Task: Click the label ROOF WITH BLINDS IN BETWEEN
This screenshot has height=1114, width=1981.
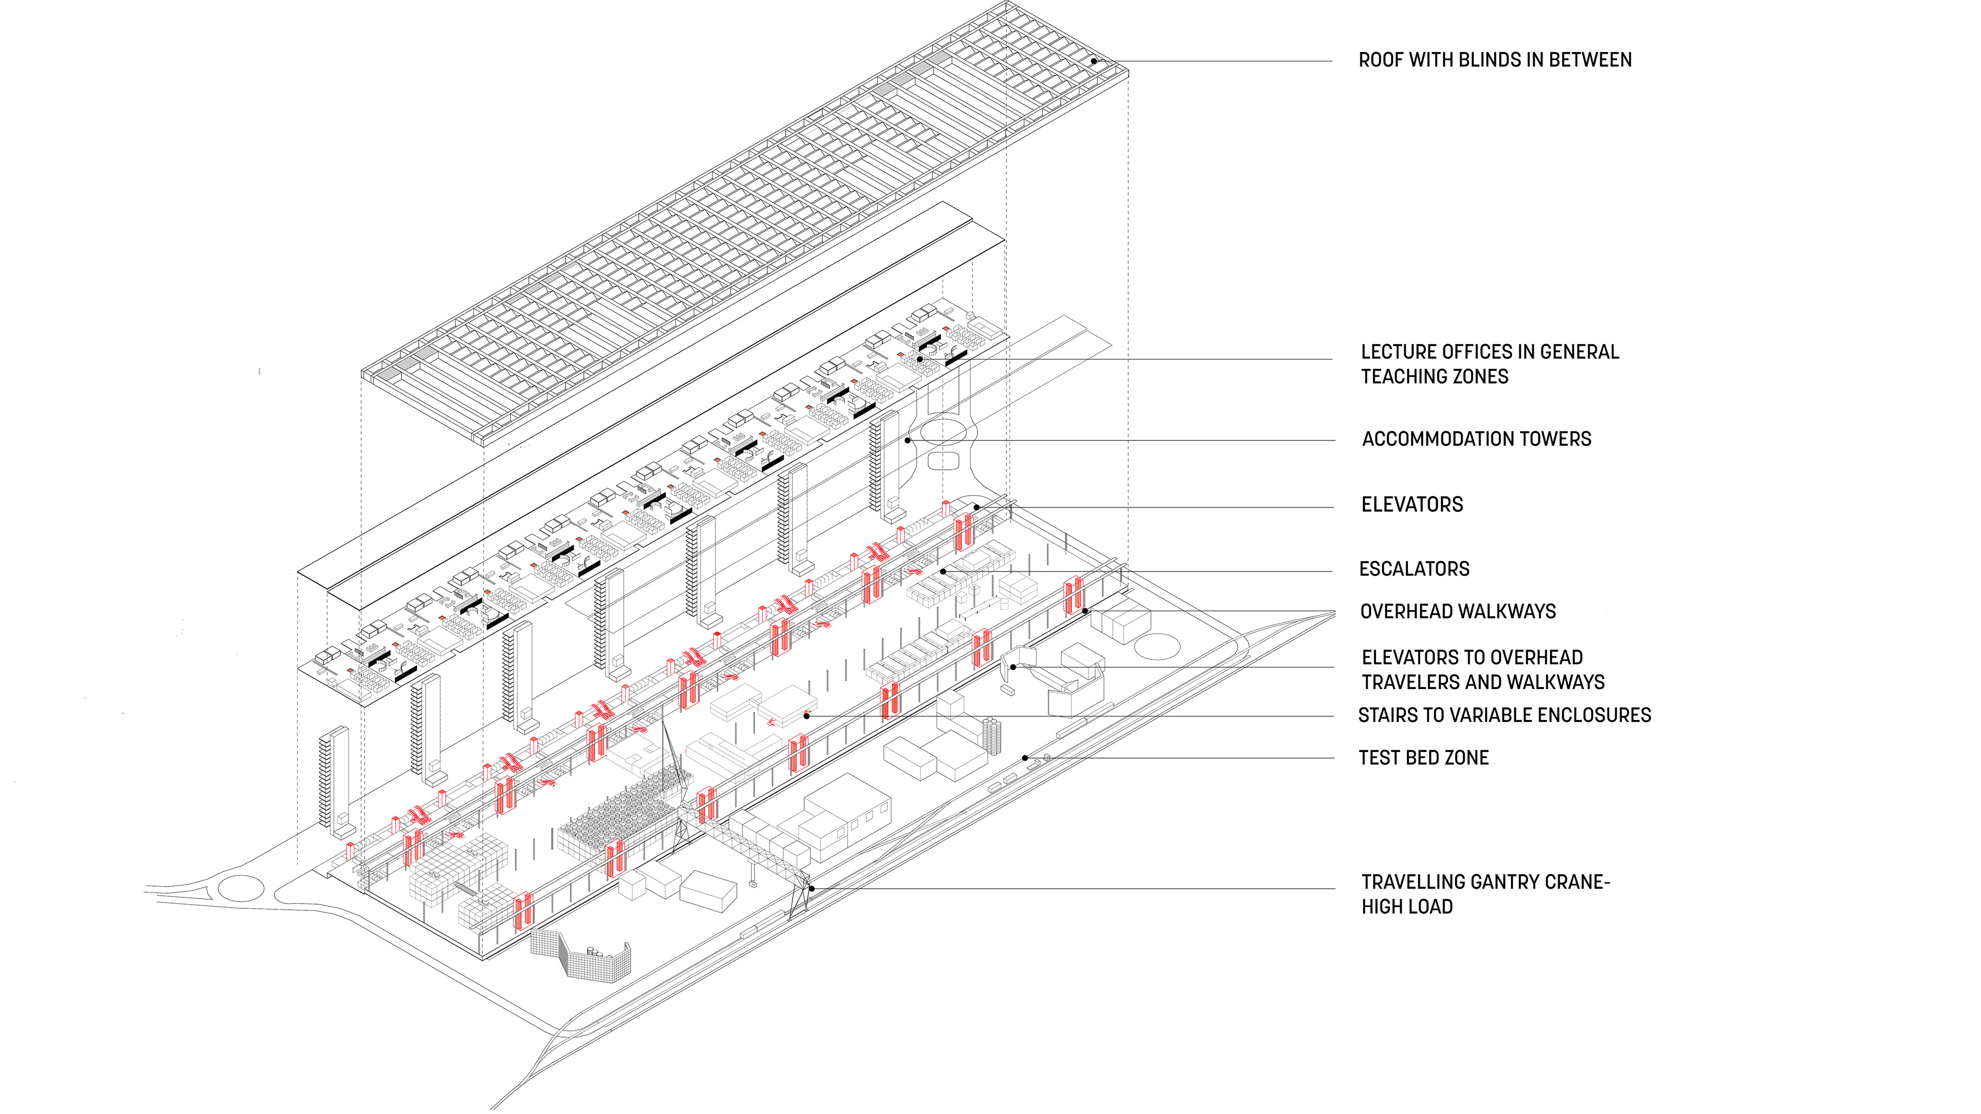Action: (x=1494, y=60)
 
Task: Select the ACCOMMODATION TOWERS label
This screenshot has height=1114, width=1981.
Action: (x=1476, y=439)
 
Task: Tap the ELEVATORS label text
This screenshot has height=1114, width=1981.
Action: (x=1412, y=505)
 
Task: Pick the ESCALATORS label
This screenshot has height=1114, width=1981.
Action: (x=1414, y=569)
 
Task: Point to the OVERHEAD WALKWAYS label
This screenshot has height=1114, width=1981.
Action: (x=1457, y=612)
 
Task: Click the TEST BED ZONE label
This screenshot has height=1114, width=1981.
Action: (x=1423, y=758)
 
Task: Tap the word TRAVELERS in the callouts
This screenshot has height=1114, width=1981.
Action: (x=1411, y=683)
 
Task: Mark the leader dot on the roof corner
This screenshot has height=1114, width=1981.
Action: (x=1094, y=61)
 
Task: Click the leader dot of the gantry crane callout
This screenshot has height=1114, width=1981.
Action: (x=811, y=889)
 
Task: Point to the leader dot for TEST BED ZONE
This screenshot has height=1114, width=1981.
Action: (x=1025, y=758)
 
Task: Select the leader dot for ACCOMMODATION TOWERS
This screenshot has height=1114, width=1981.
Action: (x=908, y=440)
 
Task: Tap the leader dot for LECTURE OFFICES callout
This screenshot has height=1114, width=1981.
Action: (x=920, y=359)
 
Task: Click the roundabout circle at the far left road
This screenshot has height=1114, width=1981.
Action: (x=241, y=888)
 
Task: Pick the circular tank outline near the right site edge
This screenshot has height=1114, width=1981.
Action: (x=1157, y=646)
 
